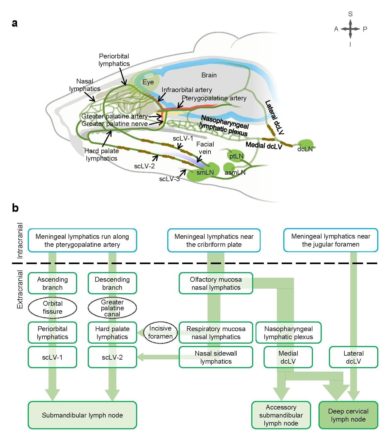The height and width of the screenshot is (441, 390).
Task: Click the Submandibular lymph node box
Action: [82, 415]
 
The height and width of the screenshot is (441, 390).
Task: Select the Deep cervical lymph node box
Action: [348, 415]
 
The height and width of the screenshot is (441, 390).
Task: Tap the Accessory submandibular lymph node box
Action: [281, 415]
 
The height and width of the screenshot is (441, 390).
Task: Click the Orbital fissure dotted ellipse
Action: [53, 307]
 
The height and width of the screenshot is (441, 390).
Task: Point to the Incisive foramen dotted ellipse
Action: [160, 332]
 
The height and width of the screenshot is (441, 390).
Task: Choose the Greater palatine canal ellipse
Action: [112, 308]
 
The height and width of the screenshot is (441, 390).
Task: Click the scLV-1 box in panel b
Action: [52, 357]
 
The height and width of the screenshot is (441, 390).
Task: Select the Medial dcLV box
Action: [288, 357]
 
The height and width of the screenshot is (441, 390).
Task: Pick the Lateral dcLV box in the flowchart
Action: [353, 357]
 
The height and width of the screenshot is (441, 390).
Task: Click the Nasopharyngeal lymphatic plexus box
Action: [288, 332]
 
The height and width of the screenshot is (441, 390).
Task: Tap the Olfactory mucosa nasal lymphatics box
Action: [216, 283]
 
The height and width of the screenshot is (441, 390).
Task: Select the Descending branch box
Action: [112, 283]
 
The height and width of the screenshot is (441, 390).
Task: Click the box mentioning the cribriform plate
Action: [214, 240]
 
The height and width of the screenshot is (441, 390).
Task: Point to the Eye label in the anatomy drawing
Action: [148, 82]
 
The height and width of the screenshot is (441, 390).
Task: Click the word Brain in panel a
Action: [209, 75]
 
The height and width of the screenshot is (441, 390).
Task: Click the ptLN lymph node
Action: [236, 156]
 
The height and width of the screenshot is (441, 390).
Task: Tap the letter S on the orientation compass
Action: [350, 14]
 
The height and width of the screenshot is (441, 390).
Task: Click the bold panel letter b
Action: [15, 208]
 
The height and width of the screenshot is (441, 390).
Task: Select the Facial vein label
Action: [205, 148]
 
